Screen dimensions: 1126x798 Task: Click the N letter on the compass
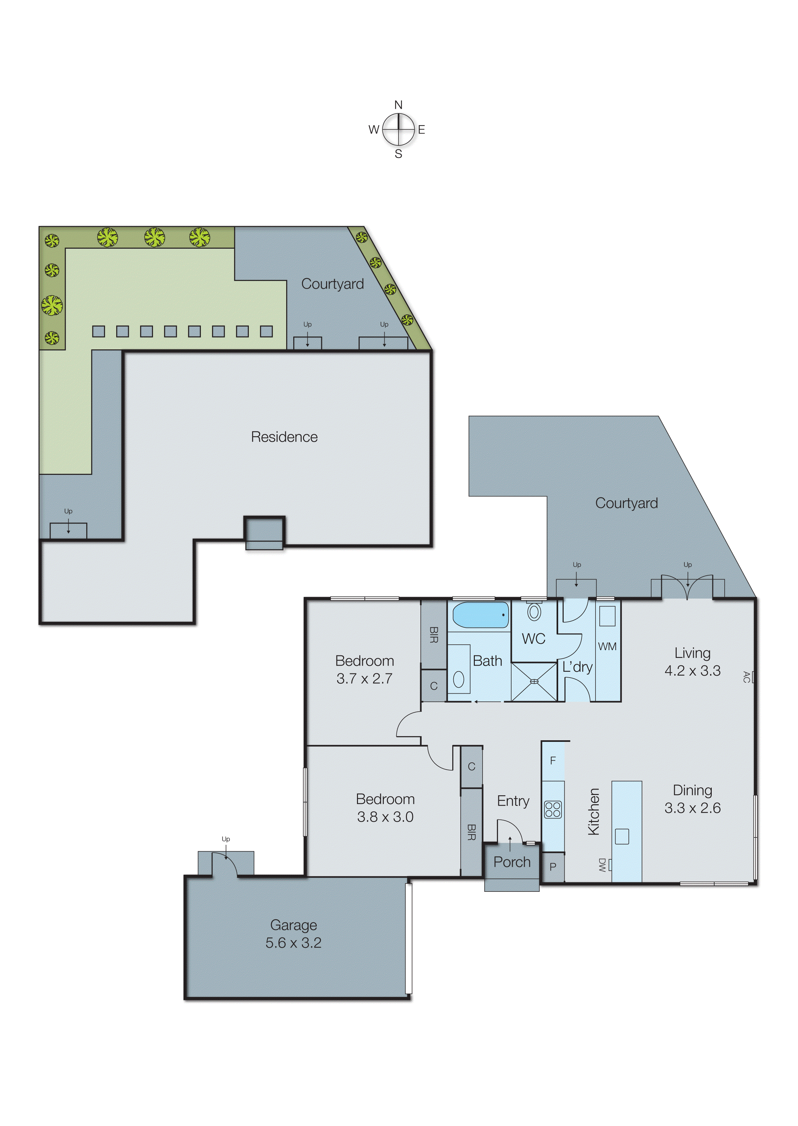[x=399, y=105]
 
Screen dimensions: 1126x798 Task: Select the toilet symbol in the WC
[x=534, y=612]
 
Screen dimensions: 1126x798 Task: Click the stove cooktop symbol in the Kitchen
[x=553, y=809]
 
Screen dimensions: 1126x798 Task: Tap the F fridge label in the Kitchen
[x=553, y=761]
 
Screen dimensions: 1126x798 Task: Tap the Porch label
[x=512, y=862]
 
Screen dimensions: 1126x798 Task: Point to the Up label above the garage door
[x=226, y=839]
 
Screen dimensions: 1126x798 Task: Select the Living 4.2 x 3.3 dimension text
[x=692, y=670]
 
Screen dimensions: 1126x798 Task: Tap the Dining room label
[x=692, y=790]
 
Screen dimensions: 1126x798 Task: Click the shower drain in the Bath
[x=534, y=682]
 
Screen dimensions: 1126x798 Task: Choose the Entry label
[x=513, y=801]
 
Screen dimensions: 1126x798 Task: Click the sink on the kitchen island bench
[x=622, y=836]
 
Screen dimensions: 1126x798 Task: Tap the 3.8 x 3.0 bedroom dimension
[x=385, y=817]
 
